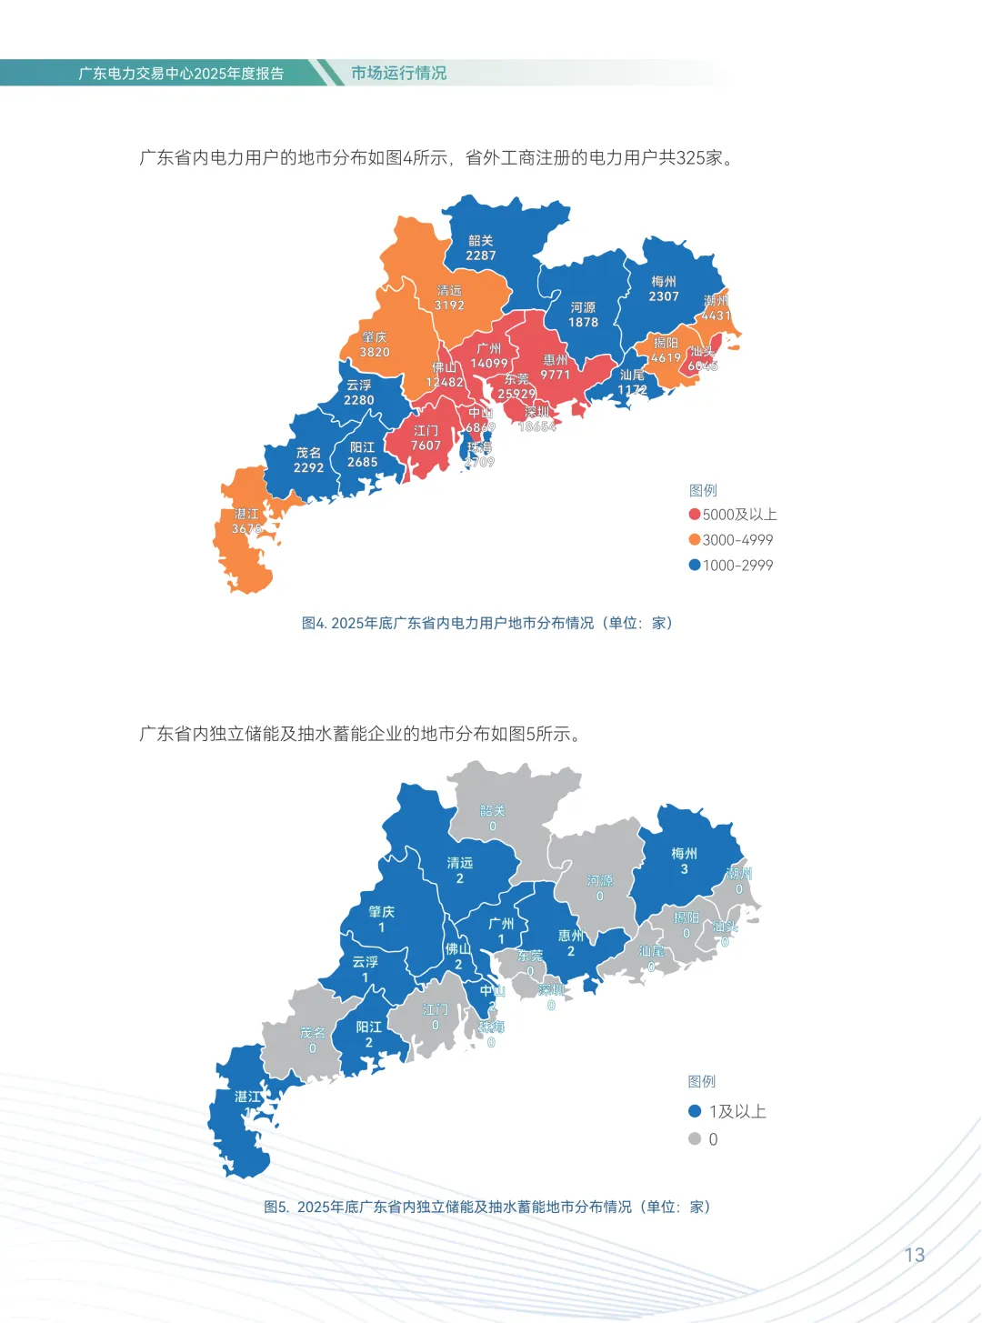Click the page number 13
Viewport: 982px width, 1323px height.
click(x=914, y=1255)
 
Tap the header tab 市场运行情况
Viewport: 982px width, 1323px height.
click(x=398, y=73)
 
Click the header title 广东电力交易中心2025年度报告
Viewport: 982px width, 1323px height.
click(x=181, y=74)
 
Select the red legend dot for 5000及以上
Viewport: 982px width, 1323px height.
click(x=695, y=514)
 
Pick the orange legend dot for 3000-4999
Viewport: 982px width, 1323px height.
click(x=695, y=539)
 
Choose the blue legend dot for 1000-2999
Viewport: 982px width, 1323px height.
click(x=695, y=565)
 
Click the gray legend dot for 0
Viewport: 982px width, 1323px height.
click(x=695, y=1138)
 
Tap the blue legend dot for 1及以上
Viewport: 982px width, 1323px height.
click(x=695, y=1110)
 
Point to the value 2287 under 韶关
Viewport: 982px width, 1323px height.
click(x=481, y=256)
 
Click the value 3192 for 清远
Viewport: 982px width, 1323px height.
click(x=449, y=306)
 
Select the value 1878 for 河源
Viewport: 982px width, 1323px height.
click(x=583, y=322)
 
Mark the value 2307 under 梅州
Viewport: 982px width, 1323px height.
click(x=664, y=296)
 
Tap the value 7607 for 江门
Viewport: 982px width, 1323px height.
click(x=426, y=446)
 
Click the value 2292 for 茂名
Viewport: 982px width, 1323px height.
click(x=308, y=467)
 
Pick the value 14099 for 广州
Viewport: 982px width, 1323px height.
click(x=489, y=364)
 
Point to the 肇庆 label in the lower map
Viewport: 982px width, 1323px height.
click(x=382, y=911)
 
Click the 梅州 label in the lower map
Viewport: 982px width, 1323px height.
click(x=684, y=853)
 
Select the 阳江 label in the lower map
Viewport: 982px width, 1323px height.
click(x=369, y=1027)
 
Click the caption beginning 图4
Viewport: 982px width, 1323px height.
click(x=487, y=623)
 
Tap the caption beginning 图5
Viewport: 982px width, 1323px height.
click(x=487, y=1207)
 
